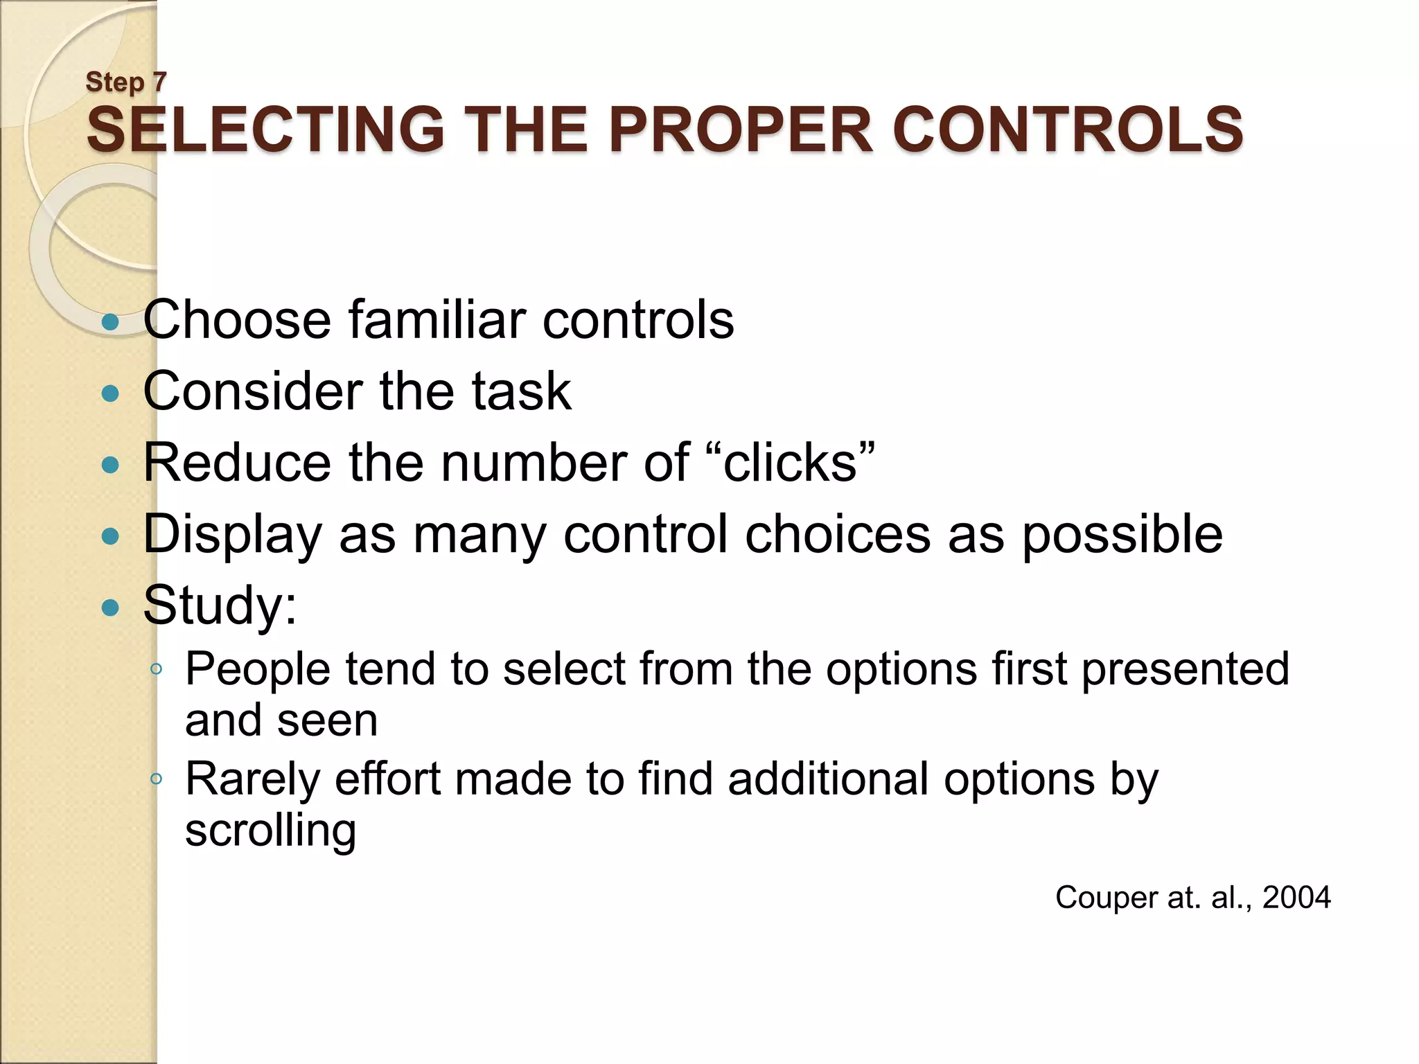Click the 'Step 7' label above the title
(126, 82)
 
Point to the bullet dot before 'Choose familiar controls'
(110, 322)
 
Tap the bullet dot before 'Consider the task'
(110, 394)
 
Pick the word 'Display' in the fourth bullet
(233, 535)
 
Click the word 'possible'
(1122, 535)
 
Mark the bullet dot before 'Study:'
(110, 608)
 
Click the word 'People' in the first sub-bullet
(258, 669)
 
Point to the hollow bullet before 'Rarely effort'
(157, 779)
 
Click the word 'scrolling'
(270, 831)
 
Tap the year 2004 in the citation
(1296, 898)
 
